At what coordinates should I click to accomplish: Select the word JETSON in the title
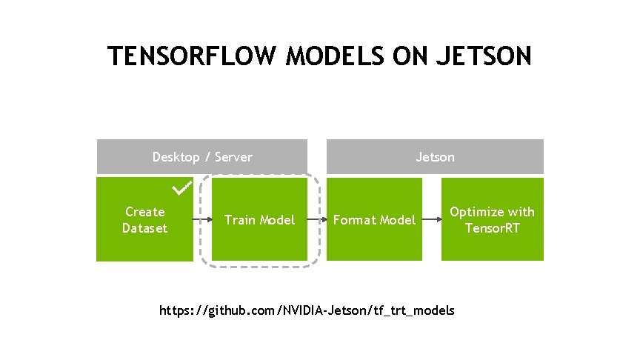point(486,56)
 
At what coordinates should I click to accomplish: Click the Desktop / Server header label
point(202,157)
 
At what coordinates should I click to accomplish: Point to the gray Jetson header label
point(436,157)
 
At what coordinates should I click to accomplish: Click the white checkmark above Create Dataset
point(181,189)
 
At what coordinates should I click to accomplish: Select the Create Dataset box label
point(144,220)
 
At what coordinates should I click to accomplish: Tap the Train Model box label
point(259,220)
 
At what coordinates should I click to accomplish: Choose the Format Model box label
point(374,220)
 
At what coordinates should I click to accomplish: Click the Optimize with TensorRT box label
point(492,220)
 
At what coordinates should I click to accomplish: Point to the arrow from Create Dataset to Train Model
point(202,220)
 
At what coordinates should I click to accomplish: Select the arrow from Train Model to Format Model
point(317,220)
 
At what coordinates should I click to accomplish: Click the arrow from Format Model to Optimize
point(432,220)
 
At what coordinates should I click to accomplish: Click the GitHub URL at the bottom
point(307,310)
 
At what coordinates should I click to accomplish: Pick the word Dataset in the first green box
point(144,228)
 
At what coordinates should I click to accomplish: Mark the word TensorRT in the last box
point(492,228)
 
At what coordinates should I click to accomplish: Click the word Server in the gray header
point(234,157)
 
